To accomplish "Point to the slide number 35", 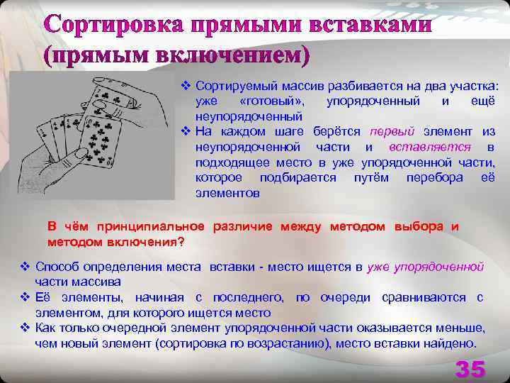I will point(470,369).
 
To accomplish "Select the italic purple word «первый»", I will point(387,131).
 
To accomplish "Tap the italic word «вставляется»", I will point(430,147).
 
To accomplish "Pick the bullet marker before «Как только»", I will point(26,328).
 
